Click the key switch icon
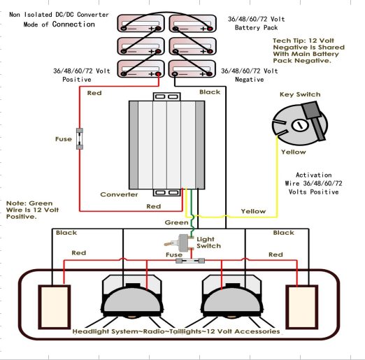point(299,124)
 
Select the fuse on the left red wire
point(81,138)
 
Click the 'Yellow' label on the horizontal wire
point(252,210)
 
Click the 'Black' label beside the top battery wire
point(210,92)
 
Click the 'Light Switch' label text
point(208,242)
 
